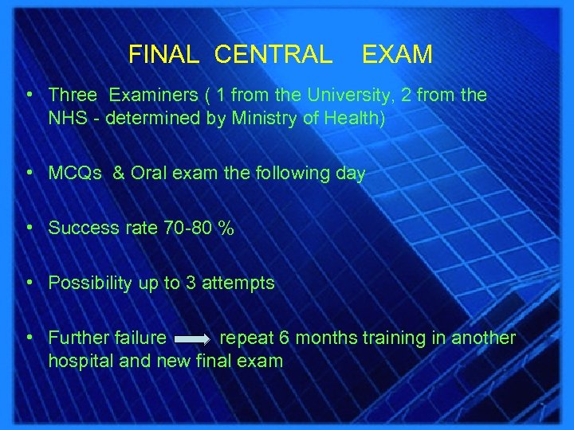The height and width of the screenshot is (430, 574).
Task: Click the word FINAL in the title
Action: (x=163, y=54)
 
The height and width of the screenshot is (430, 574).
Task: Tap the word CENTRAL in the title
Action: (x=273, y=54)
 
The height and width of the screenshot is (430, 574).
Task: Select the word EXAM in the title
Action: (x=397, y=54)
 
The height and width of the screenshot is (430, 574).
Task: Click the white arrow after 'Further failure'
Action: (x=192, y=339)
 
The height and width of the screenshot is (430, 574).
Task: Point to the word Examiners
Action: (x=153, y=96)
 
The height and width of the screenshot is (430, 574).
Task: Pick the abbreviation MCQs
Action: (x=74, y=174)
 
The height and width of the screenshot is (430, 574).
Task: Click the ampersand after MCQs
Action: (x=118, y=174)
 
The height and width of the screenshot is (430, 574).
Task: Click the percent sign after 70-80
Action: (x=226, y=229)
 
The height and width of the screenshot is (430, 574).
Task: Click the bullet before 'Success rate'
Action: (x=29, y=228)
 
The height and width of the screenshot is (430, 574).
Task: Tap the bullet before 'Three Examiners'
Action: (x=29, y=95)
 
